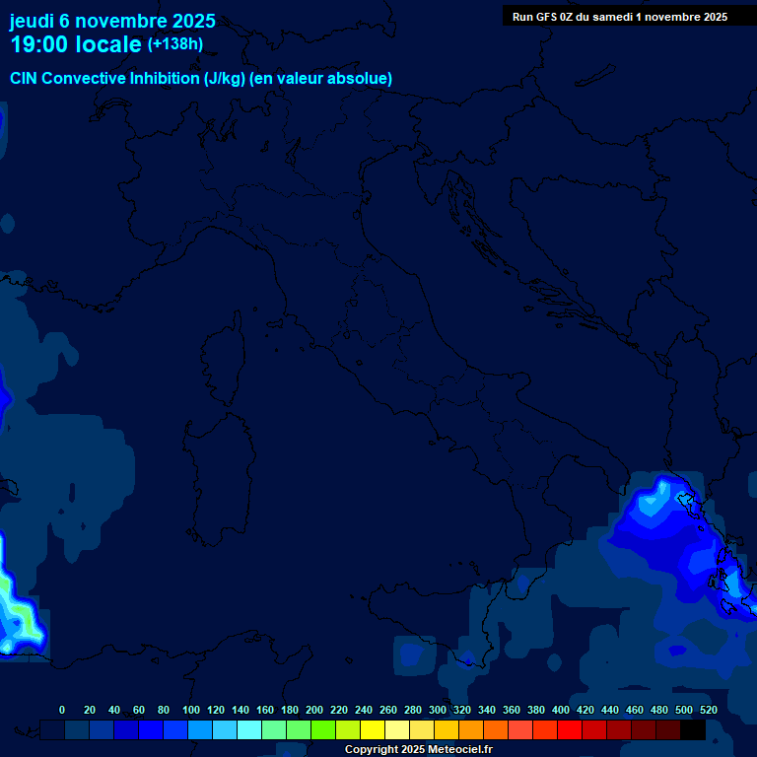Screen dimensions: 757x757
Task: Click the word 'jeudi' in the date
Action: point(34,21)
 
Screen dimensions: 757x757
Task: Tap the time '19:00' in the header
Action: point(38,44)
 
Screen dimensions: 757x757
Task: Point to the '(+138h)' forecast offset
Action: point(175,44)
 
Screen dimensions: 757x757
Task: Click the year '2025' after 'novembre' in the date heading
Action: point(193,21)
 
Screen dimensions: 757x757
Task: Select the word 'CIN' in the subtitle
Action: point(25,78)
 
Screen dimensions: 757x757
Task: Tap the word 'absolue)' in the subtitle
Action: point(361,78)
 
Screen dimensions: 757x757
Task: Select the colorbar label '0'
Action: point(62,710)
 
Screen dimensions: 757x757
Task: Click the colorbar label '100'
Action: point(191,710)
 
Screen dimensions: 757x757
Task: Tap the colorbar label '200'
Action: point(314,710)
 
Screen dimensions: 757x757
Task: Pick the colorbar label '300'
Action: point(438,710)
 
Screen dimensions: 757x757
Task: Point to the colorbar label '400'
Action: point(561,710)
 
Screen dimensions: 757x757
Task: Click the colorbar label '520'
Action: point(708,710)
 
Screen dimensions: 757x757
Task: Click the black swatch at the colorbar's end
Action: point(693,729)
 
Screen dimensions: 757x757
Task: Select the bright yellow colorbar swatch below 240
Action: point(373,729)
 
